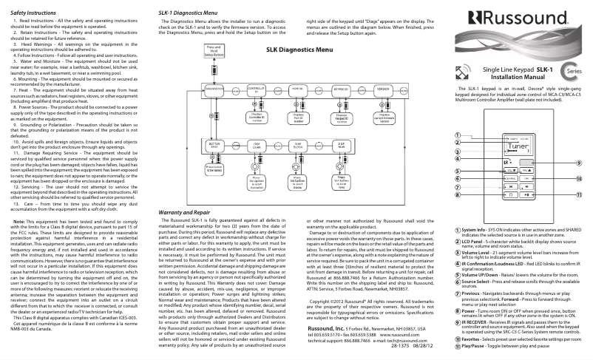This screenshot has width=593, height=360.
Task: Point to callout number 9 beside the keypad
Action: (578, 183)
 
